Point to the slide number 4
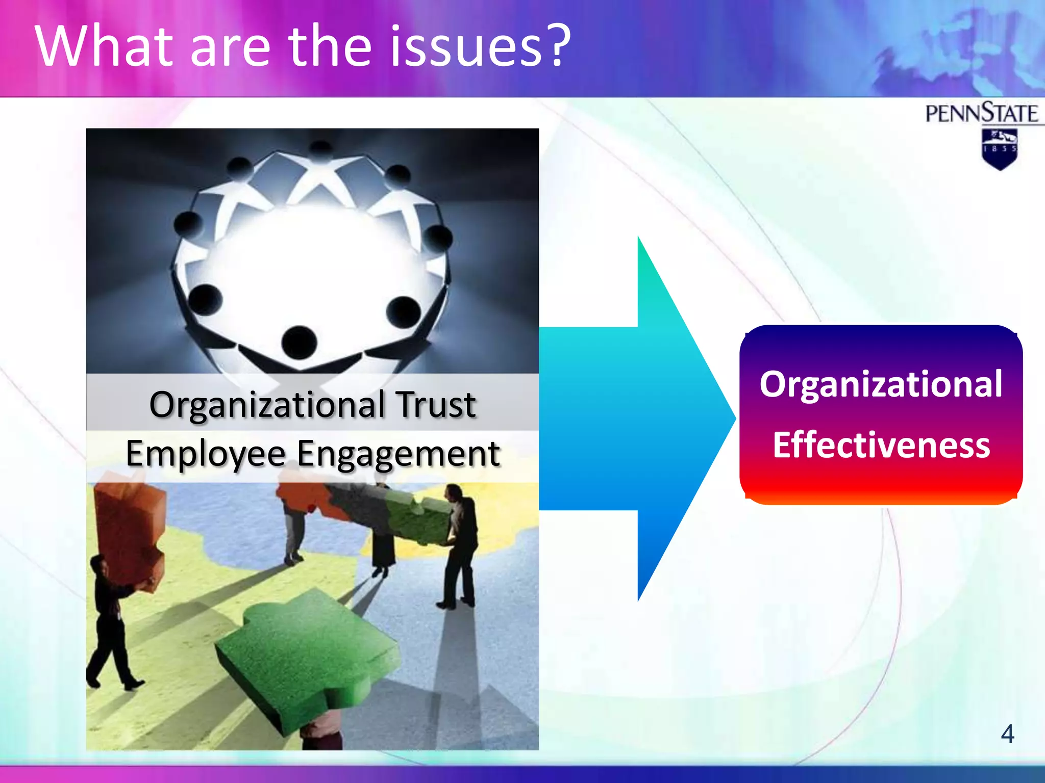1007,734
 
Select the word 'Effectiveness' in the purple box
881,445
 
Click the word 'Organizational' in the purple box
881,384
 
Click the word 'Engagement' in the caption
398,454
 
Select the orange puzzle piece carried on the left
130,530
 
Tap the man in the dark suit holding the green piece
459,545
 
